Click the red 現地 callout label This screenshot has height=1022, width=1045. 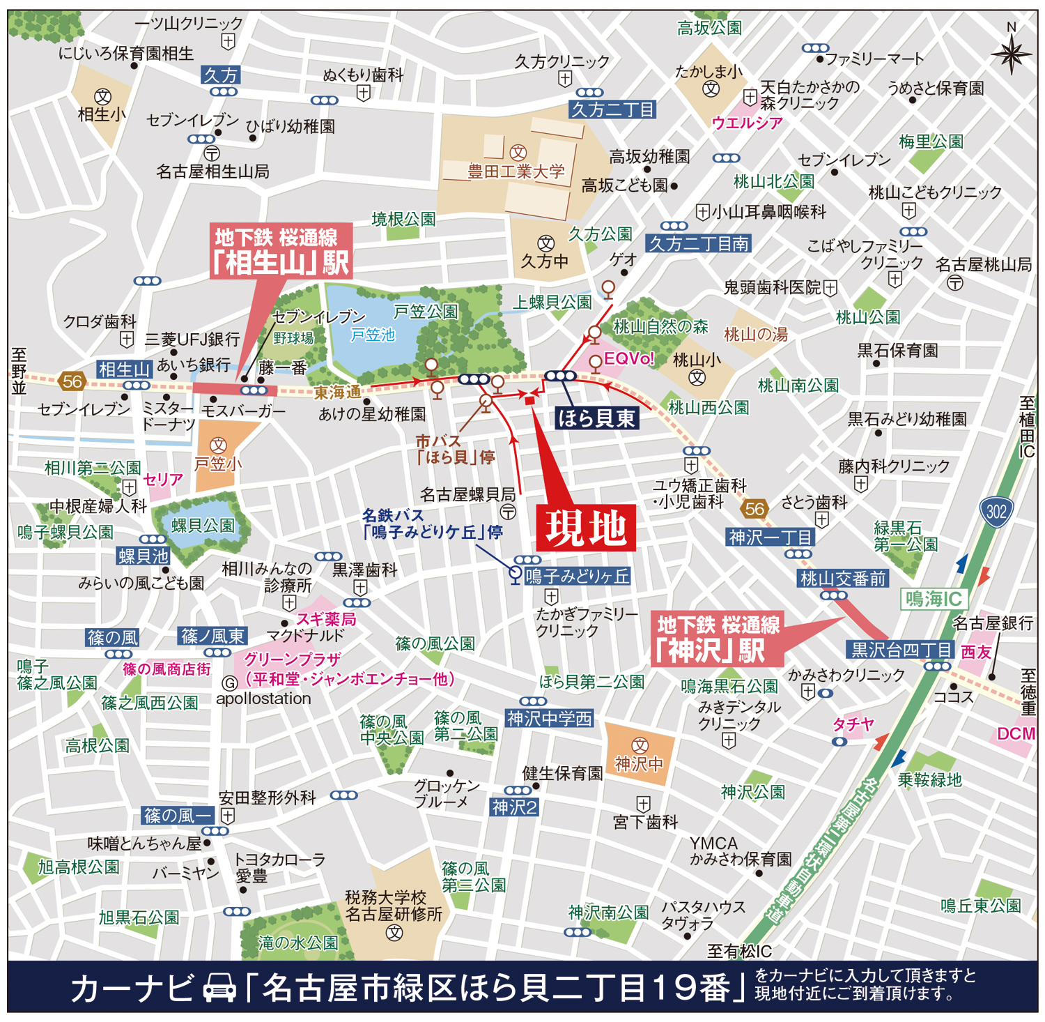coord(585,528)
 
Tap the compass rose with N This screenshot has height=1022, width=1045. coord(1011,52)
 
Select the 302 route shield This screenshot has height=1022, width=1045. coord(996,512)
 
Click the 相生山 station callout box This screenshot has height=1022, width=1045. coord(281,251)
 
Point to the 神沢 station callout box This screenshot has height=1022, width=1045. coord(717,639)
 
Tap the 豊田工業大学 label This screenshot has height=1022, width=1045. coord(516,171)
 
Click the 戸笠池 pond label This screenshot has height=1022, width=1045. coord(372,335)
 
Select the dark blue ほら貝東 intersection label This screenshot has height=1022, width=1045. coord(596,418)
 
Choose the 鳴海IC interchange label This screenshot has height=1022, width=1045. coord(934,598)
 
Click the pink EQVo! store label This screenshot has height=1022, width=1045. coord(628,358)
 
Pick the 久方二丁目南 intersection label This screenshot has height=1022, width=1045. coord(698,244)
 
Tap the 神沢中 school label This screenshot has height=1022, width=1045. coord(638,764)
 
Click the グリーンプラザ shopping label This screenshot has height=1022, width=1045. coord(293,659)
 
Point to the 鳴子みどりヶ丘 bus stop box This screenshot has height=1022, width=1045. coord(577,576)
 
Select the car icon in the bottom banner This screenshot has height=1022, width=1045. coord(219,989)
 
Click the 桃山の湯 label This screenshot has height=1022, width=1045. coord(755,335)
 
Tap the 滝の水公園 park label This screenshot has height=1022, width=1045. coord(297,943)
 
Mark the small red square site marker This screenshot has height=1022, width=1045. coord(529,399)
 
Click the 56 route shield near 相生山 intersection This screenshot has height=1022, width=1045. coord(72,381)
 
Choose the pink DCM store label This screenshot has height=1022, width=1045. coord(1016,733)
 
